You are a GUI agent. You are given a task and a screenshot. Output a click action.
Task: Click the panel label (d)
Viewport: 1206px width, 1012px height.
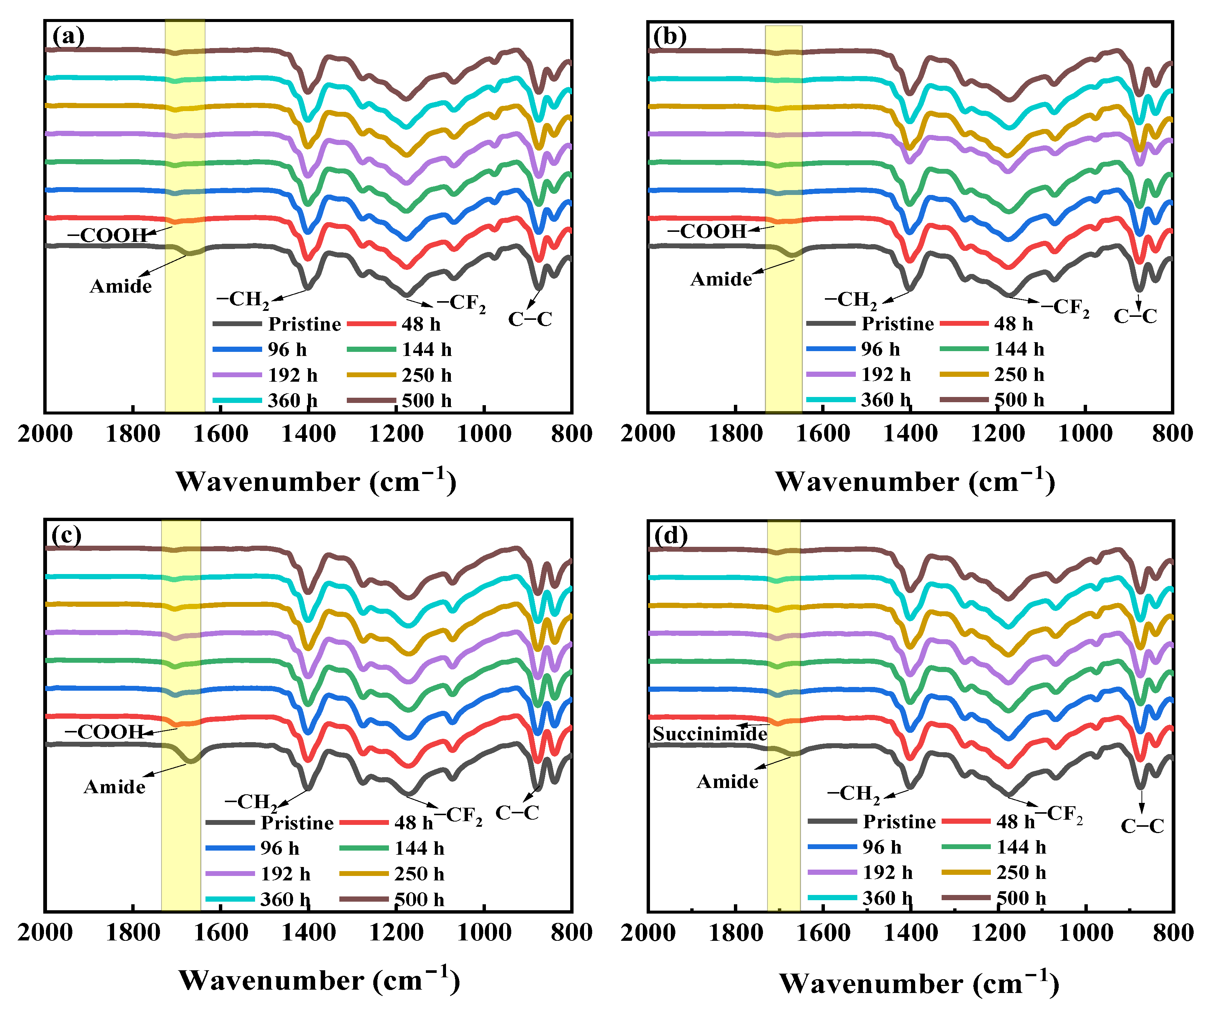671,536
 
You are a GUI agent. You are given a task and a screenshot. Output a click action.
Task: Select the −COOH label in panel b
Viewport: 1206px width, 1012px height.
706,231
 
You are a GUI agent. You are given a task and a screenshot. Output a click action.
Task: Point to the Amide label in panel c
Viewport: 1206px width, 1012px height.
115,786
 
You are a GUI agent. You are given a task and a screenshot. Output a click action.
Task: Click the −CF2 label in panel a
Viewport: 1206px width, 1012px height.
461,303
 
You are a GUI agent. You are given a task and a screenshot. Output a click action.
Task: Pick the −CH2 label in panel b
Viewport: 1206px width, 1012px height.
851,300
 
